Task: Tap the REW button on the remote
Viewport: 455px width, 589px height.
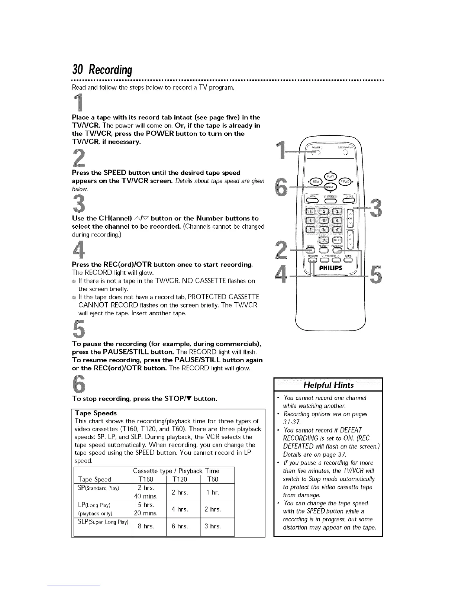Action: click(316, 182)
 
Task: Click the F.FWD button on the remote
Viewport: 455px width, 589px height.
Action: click(344, 182)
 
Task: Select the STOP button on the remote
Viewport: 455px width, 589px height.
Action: click(330, 187)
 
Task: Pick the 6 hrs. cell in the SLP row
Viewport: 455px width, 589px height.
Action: click(180, 527)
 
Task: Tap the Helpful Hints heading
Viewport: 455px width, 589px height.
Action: click(328, 385)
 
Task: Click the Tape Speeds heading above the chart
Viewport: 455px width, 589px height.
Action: click(96, 413)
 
